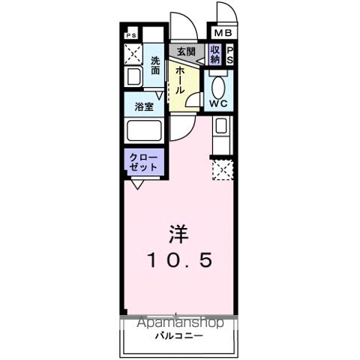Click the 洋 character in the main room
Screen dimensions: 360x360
click(x=178, y=233)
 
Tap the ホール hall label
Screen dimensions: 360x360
click(x=181, y=77)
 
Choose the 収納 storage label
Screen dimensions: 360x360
click(x=216, y=54)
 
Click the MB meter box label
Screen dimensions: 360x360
click(x=223, y=33)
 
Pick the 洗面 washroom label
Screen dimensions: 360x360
click(x=155, y=65)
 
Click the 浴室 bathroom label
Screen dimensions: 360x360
click(x=144, y=106)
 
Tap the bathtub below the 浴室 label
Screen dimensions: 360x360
click(x=144, y=130)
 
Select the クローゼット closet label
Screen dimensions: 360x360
click(x=143, y=162)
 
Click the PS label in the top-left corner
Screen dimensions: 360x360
click(x=131, y=34)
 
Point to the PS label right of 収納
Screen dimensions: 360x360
click(x=230, y=55)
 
